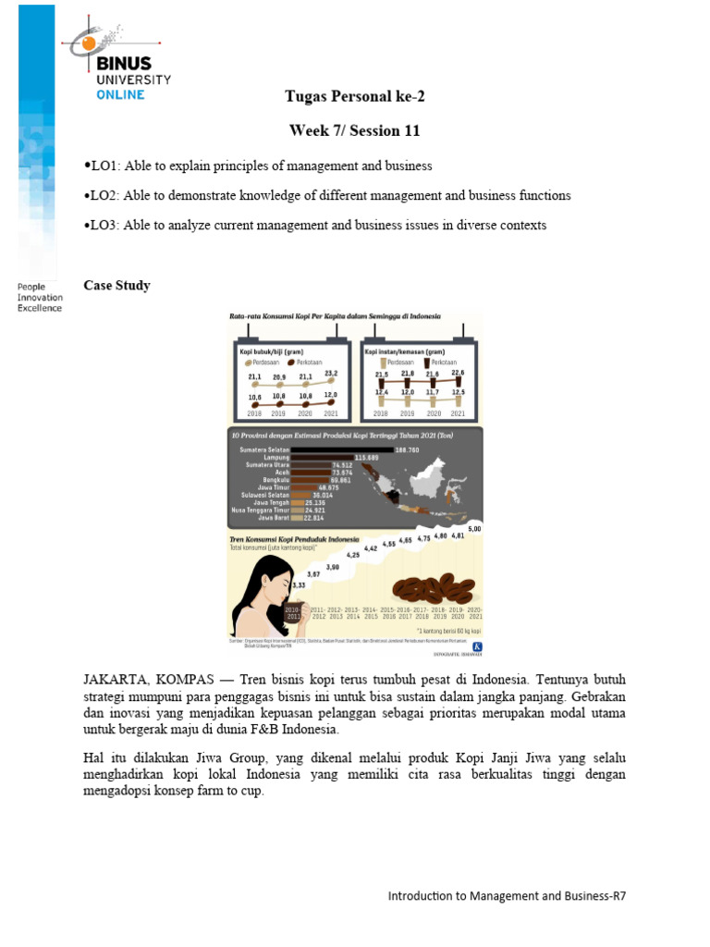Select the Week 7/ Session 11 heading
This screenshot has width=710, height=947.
pos(354,130)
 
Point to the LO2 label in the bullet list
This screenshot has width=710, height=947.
pos(101,195)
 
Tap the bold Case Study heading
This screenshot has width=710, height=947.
pos(116,285)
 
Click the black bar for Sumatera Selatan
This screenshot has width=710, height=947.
pos(342,449)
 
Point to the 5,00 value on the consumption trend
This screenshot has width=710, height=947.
pos(474,528)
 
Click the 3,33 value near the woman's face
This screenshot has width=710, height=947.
pos(298,585)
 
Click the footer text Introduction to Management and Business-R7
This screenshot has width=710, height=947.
pos(512,895)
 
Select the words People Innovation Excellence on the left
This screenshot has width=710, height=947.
pos(40,297)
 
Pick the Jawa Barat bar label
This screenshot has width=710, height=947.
pos(272,518)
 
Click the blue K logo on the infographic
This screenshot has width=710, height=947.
pos(477,646)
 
